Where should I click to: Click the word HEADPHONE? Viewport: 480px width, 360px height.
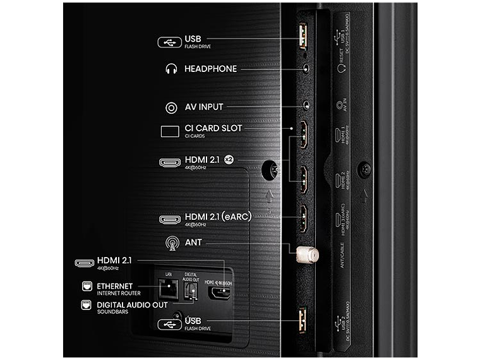[x=210, y=68]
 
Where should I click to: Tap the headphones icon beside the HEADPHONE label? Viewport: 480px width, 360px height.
[x=171, y=69]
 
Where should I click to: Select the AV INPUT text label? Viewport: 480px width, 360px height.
[x=203, y=107]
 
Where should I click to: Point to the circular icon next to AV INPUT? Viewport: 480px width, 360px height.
[x=171, y=107]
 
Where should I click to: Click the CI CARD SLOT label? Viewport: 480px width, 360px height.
[x=213, y=128]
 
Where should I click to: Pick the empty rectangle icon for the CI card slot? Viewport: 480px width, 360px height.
[x=171, y=131]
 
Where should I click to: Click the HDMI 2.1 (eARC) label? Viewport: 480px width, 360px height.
[x=218, y=217]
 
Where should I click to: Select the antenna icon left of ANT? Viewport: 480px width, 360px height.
[x=171, y=242]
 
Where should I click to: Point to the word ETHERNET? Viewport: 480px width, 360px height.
[x=115, y=286]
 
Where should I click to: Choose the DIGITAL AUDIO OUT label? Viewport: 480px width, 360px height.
[x=133, y=305]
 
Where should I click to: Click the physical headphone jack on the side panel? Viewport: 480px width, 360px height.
[x=306, y=68]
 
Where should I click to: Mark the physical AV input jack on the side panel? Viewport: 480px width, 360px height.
[x=307, y=106]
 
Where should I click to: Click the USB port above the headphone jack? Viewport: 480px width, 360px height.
[x=303, y=37]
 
